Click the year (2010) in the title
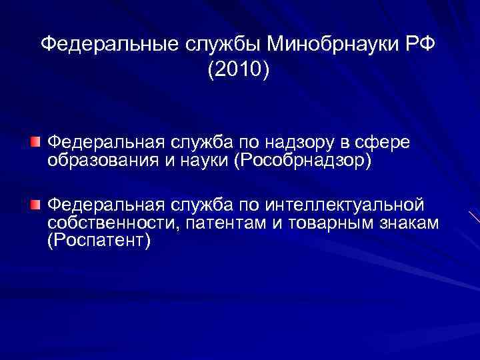pos(239,69)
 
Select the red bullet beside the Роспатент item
pos(35,203)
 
